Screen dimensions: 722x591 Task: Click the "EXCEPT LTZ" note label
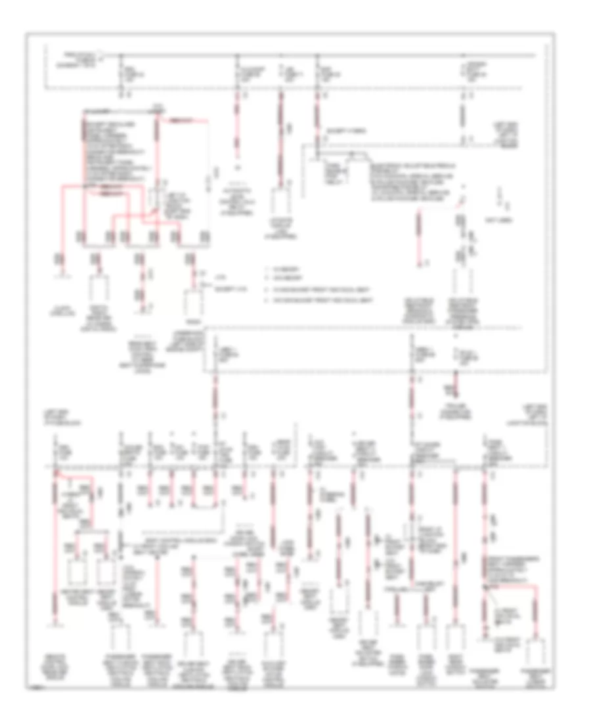click(224, 289)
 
